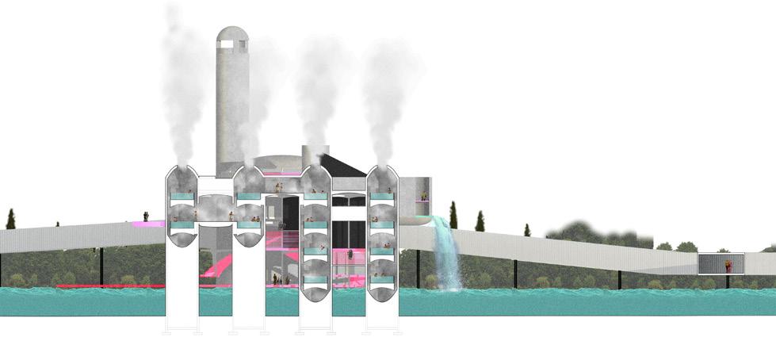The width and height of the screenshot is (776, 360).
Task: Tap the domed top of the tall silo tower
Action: pos(231,36)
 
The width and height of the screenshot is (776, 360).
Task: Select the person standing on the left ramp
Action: pos(146,216)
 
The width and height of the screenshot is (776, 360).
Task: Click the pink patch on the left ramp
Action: pos(147,224)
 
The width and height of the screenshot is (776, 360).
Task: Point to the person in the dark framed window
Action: pos(728,266)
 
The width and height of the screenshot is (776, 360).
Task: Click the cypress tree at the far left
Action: pos(10,219)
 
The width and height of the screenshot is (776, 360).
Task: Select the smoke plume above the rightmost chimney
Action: pos(383,95)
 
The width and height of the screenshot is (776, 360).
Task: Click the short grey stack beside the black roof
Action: pos(315,156)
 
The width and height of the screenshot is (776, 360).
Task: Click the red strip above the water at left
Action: pos(111,285)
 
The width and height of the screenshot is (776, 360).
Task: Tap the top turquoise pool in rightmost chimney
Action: pos(382,196)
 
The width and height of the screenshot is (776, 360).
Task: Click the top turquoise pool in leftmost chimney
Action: pos(182,196)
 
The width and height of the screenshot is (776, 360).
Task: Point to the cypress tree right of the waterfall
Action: pos(453,215)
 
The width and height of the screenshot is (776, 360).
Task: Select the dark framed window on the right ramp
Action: pos(721,263)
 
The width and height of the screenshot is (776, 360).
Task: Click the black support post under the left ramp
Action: pos(101,266)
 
